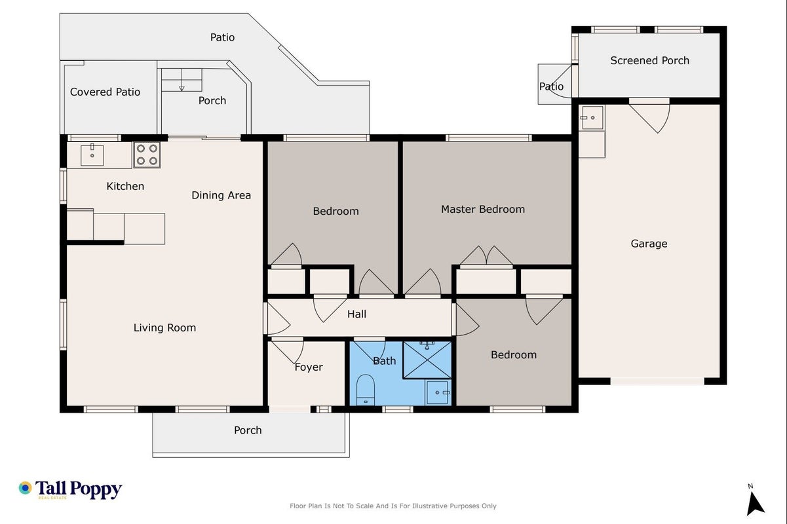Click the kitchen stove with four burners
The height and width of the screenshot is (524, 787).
(x=147, y=155)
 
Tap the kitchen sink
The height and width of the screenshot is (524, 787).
(x=92, y=155)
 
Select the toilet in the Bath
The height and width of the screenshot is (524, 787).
(x=366, y=390)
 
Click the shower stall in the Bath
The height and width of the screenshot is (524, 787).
(x=427, y=360)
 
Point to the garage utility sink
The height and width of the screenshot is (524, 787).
(x=592, y=118)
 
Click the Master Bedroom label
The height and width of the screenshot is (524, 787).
(x=483, y=210)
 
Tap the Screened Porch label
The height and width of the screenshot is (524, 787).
(x=649, y=60)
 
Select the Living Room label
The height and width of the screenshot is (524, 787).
(x=164, y=327)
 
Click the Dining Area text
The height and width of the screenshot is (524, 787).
(x=221, y=195)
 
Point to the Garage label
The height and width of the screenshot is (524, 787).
(x=649, y=244)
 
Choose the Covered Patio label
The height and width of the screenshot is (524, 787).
(x=105, y=92)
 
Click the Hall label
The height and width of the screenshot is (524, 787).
(x=356, y=314)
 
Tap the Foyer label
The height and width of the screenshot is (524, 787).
(x=309, y=367)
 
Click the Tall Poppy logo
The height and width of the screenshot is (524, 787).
(x=70, y=489)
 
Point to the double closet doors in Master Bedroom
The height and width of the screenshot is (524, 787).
(x=486, y=255)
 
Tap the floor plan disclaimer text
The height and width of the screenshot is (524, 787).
(x=393, y=506)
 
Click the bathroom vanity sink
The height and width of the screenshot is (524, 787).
(x=438, y=392)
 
